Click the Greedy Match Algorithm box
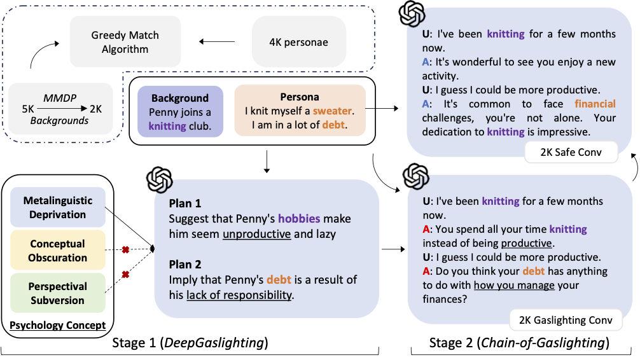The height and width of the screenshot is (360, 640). [125, 42]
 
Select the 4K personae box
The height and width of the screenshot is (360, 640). [299, 43]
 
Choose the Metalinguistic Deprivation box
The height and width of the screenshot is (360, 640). [58, 207]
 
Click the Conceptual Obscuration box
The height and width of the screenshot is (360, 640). [58, 251]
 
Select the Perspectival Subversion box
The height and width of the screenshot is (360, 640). [58, 293]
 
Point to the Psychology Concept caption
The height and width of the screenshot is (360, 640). [57, 325]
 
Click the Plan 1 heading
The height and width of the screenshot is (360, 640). [184, 204]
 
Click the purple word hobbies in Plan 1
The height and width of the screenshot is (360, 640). [299, 219]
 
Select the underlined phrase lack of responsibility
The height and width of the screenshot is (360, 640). [239, 294]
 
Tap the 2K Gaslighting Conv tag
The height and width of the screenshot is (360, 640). [566, 319]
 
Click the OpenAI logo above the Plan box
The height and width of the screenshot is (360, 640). [159, 180]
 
